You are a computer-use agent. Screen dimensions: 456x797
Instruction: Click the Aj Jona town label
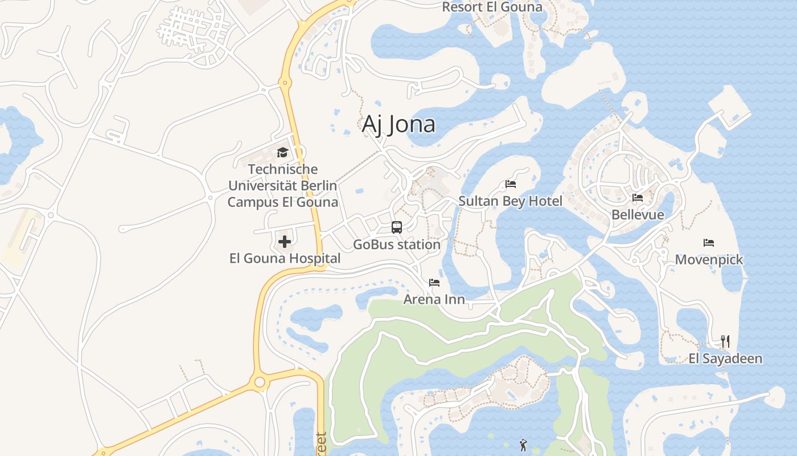(x=398, y=124)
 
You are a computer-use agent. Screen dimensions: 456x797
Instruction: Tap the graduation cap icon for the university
(x=282, y=152)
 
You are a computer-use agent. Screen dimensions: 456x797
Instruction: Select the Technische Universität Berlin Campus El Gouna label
(x=282, y=186)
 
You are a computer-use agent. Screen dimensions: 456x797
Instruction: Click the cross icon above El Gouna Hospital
(x=285, y=242)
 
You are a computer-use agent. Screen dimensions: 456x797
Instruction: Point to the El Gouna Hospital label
(x=285, y=258)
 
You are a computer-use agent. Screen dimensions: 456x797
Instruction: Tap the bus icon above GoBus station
(x=397, y=227)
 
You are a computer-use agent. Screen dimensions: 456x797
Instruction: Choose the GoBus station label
(x=397, y=245)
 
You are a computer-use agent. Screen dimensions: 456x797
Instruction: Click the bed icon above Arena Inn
(x=434, y=283)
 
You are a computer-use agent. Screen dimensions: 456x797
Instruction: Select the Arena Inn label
(x=434, y=299)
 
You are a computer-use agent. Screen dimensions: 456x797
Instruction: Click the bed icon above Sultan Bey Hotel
(x=511, y=184)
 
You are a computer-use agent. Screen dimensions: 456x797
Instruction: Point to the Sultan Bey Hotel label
(x=511, y=201)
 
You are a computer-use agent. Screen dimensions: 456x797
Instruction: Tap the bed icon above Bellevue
(x=638, y=198)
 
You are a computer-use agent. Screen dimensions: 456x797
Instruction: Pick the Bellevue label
(x=638, y=215)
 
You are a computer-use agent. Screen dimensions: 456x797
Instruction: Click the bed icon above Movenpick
(x=709, y=243)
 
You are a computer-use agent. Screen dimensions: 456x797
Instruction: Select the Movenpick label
(x=709, y=260)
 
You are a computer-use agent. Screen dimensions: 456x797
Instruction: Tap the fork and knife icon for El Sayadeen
(x=725, y=341)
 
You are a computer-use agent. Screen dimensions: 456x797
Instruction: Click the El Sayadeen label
(x=725, y=359)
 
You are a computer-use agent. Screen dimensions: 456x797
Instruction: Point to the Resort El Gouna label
(x=492, y=7)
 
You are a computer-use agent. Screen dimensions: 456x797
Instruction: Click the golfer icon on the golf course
(x=523, y=445)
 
